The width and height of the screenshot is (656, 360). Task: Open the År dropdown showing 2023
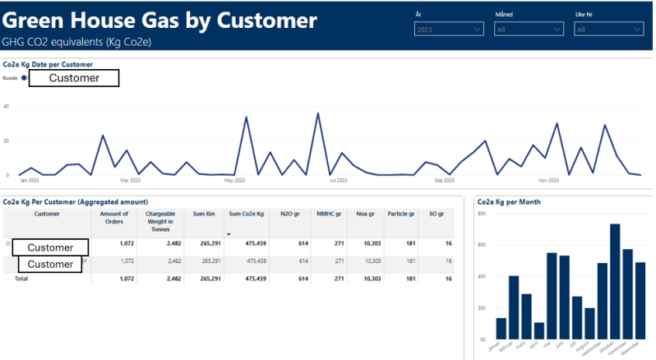click(x=449, y=30)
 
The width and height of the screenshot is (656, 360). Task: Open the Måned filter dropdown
click(x=529, y=30)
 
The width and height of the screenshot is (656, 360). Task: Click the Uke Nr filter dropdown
click(x=608, y=30)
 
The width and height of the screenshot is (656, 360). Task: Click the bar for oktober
click(x=615, y=280)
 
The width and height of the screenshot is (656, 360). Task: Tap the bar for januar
click(x=501, y=327)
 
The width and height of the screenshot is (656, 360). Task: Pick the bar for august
click(x=589, y=322)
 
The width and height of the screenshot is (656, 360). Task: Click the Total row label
click(x=16, y=279)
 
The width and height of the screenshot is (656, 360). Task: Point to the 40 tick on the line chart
click(x=6, y=106)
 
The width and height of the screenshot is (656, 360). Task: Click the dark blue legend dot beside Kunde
click(x=24, y=78)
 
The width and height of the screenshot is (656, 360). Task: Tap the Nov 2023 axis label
click(x=549, y=180)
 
